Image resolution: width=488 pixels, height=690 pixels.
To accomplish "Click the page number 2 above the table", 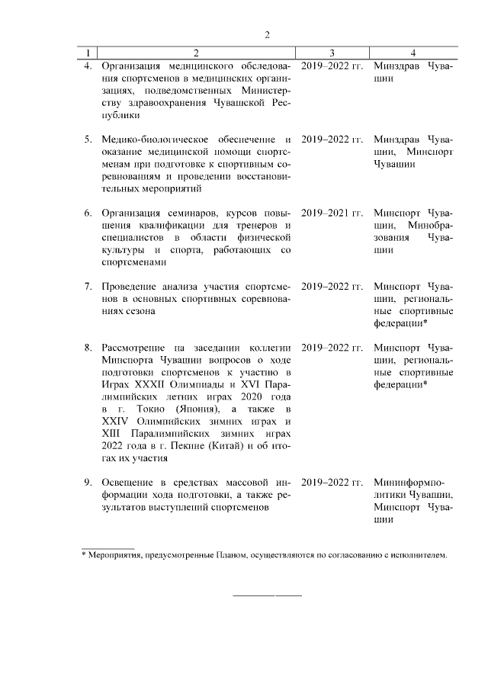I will [268, 34].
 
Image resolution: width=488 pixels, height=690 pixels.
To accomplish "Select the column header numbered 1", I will [89, 53].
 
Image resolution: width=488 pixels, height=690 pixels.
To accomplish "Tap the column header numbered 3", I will [332, 53].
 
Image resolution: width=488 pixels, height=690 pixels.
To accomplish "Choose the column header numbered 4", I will [413, 53].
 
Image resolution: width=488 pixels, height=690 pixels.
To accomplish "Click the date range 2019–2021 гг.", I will [332, 212].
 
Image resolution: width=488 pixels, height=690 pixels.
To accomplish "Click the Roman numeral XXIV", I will [117, 421].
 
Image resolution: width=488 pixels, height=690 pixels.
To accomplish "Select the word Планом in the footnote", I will [229, 555].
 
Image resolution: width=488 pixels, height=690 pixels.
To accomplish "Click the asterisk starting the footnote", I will [84, 554].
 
